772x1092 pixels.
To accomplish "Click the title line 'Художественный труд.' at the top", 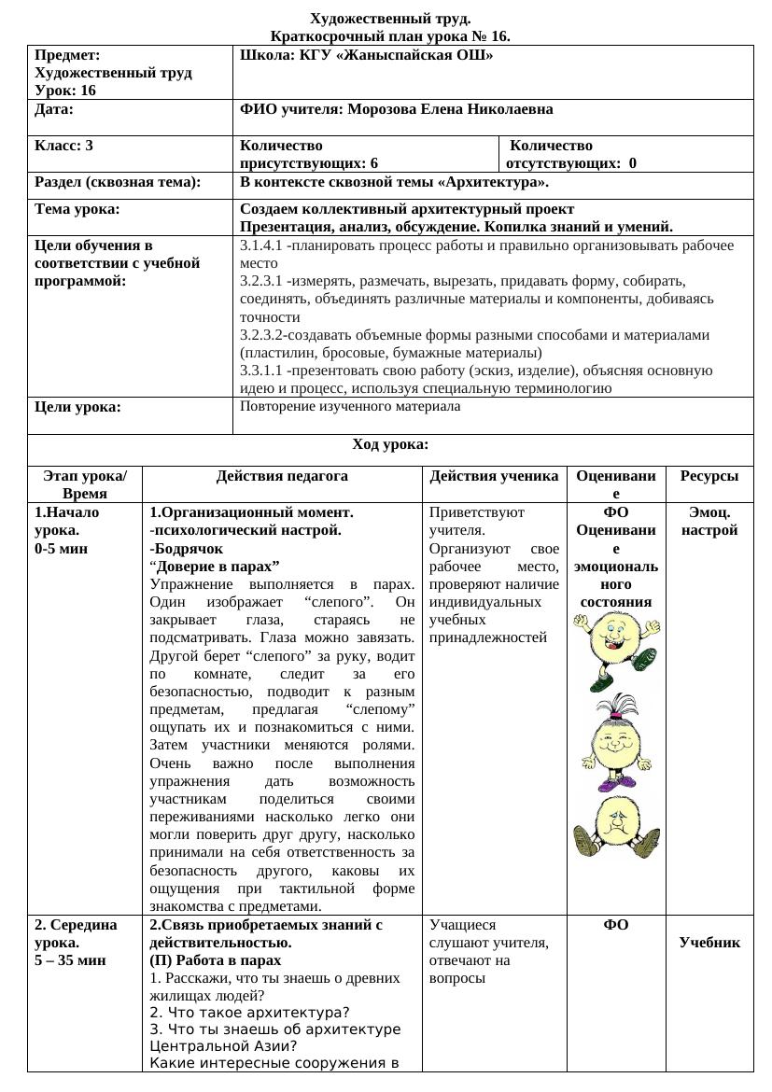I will pyautogui.click(x=390, y=19).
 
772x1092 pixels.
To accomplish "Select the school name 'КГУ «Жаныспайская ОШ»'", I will pyautogui.click(x=396, y=56).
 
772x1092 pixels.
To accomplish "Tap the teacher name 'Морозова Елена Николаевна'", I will pyautogui.click(x=450, y=109).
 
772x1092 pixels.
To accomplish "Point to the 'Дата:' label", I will pyautogui.click(x=54, y=109).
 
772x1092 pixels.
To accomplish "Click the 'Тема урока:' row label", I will pyautogui.click(x=77, y=209).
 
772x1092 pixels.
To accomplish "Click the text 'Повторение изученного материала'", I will pyautogui.click(x=350, y=407).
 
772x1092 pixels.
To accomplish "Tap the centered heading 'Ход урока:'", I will pyautogui.click(x=390, y=445).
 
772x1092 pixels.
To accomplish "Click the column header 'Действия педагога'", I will pyautogui.click(x=282, y=476).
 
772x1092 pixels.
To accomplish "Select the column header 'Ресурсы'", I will pyautogui.click(x=709, y=476).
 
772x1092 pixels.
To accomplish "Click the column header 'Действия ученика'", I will pyautogui.click(x=494, y=476).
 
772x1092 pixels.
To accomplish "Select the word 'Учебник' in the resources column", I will pyautogui.click(x=709, y=943).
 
